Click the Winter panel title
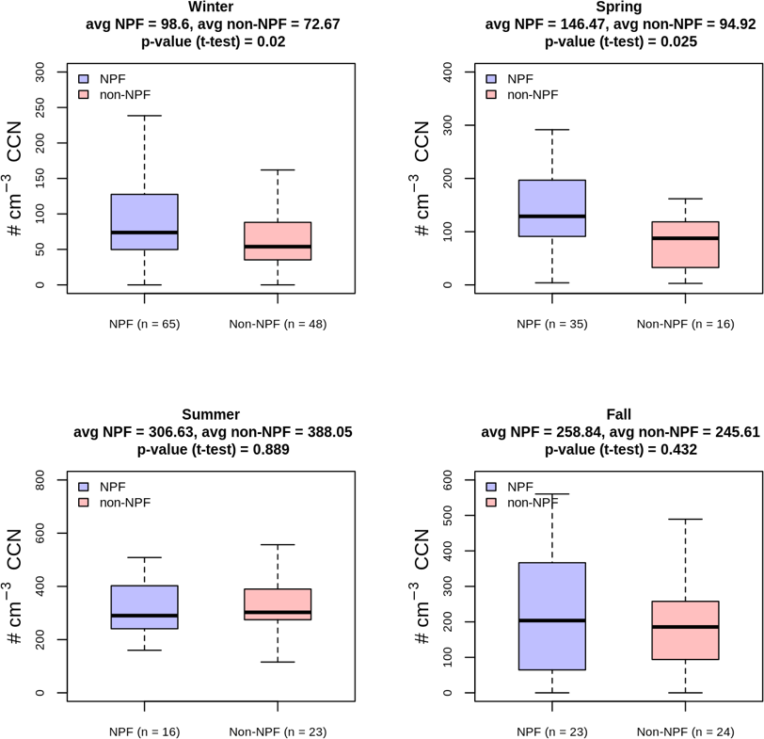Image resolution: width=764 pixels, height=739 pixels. pos(211,7)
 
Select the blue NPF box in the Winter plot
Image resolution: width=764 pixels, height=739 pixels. pos(144,221)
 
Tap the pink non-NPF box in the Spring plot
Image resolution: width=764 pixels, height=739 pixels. pos(685,245)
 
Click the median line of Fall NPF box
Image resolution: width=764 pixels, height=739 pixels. pos(551,620)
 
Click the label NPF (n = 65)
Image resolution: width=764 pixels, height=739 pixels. pos(144,324)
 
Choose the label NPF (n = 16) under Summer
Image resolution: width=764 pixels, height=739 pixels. pos(144,731)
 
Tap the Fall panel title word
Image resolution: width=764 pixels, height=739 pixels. pos(618,414)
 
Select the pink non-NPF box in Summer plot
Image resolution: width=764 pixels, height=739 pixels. pos(278,604)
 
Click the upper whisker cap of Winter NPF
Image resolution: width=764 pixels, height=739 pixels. pos(144,116)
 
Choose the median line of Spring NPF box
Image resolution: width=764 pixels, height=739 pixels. pos(551,217)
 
